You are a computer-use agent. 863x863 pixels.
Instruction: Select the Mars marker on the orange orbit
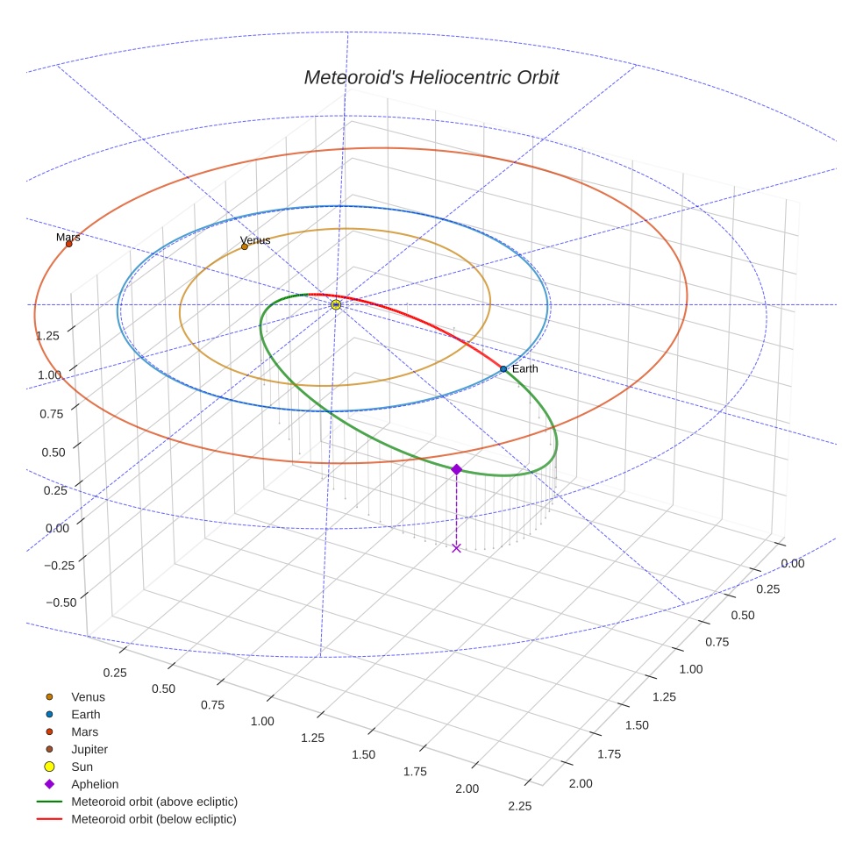[x=68, y=244]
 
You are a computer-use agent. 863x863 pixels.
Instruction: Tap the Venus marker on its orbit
[x=245, y=246]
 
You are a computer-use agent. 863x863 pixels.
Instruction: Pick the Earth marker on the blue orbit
[x=503, y=369]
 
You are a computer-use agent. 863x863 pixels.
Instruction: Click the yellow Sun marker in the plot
[x=336, y=304]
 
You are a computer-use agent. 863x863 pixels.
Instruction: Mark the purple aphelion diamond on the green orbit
[x=456, y=469]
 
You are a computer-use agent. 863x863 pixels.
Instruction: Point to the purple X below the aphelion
[x=456, y=548]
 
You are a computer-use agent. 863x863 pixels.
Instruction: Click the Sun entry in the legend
[x=82, y=767]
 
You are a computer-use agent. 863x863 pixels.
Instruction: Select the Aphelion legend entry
[x=95, y=784]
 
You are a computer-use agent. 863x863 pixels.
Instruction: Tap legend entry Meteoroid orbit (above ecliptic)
[x=154, y=802]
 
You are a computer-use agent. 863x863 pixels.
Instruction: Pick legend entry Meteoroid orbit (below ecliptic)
[x=153, y=819]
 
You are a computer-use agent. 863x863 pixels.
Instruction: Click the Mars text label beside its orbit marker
[x=68, y=237]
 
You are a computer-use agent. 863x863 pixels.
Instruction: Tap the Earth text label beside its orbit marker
[x=525, y=368]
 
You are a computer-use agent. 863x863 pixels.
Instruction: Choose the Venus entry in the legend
[x=88, y=696]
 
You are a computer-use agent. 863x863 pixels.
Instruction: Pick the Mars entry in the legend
[x=84, y=731]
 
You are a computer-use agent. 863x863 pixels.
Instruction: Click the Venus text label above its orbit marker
[x=255, y=239]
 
